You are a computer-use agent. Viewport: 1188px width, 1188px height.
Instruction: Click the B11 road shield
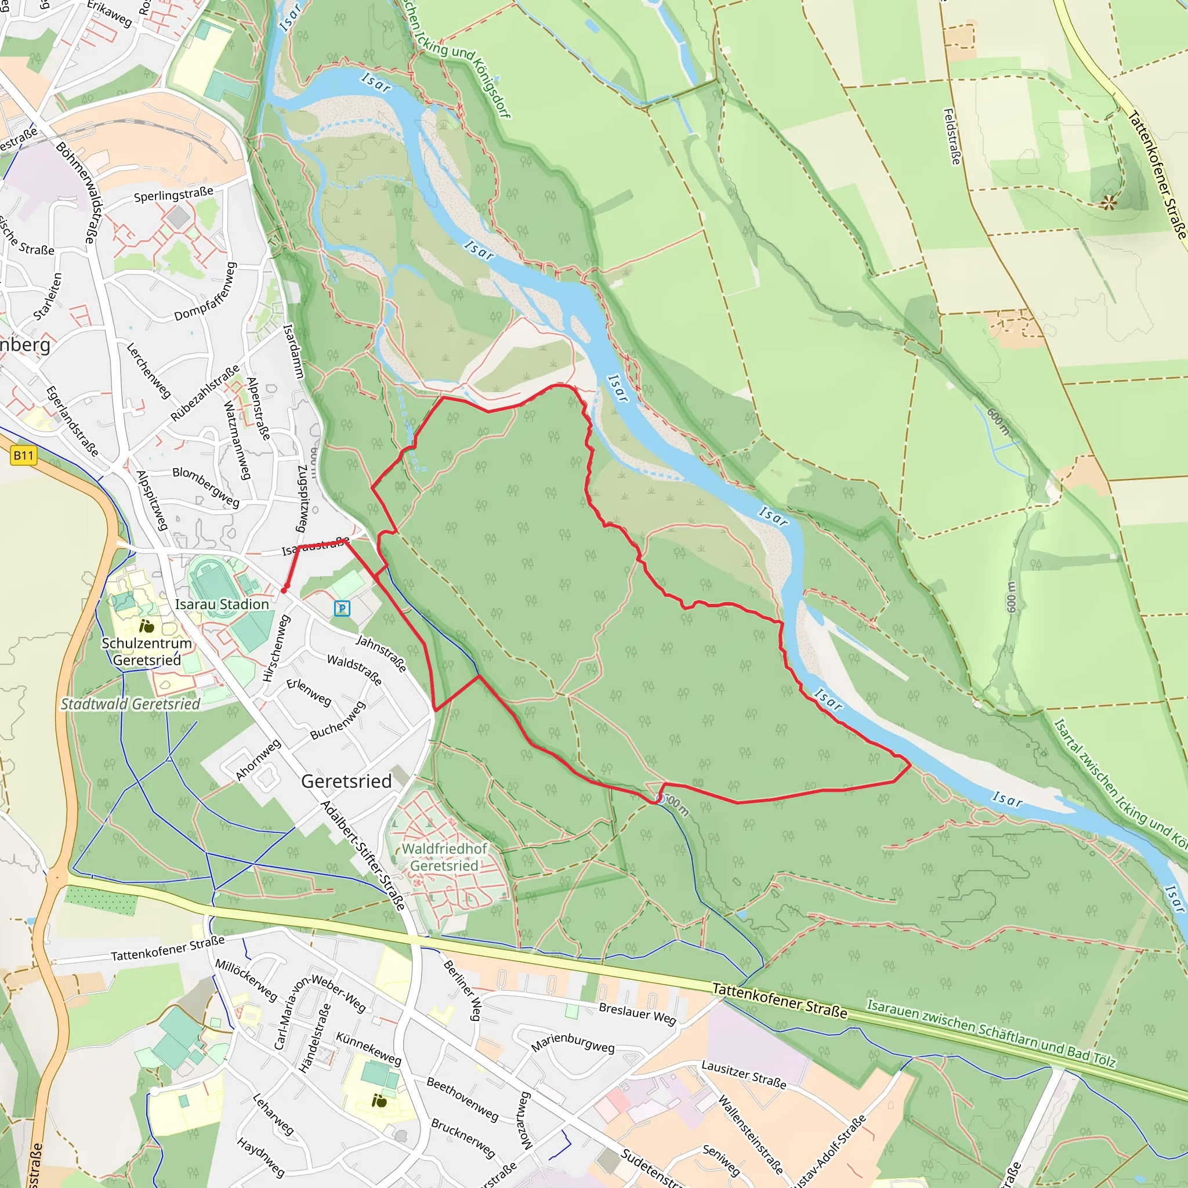[x=23, y=455]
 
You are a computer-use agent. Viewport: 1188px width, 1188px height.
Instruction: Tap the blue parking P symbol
[x=342, y=608]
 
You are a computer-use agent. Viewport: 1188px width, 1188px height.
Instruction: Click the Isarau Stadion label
[x=222, y=604]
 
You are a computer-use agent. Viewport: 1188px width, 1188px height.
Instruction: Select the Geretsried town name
[x=346, y=781]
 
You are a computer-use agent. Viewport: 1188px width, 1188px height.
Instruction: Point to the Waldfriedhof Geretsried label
[x=444, y=857]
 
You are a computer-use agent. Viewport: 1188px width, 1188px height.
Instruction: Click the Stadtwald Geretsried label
[x=131, y=704]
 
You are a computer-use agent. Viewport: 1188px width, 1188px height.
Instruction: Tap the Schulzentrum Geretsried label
[x=147, y=652]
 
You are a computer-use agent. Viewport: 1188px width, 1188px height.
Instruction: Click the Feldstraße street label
[x=952, y=136]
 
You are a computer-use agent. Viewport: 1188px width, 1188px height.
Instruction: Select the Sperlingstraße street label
[x=173, y=195]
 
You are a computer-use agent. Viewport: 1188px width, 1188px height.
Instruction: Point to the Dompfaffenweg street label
[x=205, y=292]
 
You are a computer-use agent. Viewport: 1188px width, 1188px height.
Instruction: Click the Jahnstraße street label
[x=381, y=654]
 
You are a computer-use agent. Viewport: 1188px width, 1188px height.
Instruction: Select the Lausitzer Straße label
[x=744, y=1074]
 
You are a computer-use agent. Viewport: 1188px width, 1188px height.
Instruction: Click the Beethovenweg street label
[x=462, y=1099]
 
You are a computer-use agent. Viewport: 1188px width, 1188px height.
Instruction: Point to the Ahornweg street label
[x=258, y=760]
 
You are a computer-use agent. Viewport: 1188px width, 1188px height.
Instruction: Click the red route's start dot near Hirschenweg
[x=284, y=591]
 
